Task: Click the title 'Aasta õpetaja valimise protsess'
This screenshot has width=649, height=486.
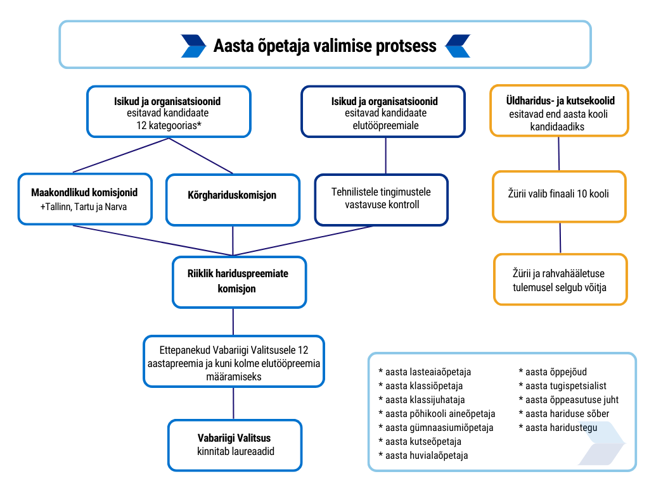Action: tap(324, 46)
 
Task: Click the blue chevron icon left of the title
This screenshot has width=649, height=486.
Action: tap(193, 46)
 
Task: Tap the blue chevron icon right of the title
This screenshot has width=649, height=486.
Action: tap(457, 46)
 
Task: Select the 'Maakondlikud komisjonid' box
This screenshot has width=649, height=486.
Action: tap(84, 199)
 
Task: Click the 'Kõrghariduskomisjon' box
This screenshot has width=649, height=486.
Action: tap(233, 199)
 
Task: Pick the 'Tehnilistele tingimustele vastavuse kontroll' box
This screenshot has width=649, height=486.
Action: tap(382, 199)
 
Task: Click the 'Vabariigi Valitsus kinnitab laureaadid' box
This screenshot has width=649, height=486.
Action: tap(234, 444)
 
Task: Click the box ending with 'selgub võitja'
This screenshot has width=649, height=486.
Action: tap(560, 279)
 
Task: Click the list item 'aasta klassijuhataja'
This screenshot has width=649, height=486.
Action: tap(421, 400)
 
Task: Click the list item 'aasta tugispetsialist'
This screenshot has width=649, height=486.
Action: tap(562, 386)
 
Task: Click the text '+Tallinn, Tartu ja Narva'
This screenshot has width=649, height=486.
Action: tap(84, 207)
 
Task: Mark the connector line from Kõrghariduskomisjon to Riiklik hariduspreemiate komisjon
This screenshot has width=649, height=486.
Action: tap(233, 240)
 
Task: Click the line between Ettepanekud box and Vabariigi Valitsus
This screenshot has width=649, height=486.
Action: tap(234, 402)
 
